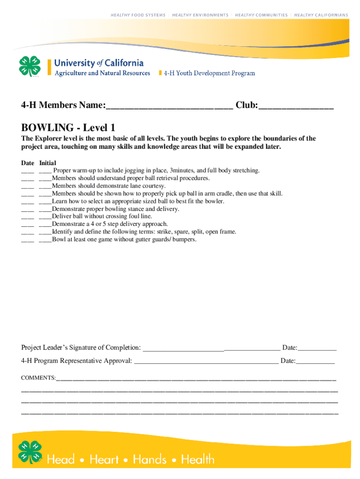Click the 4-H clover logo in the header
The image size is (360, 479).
point(30,67)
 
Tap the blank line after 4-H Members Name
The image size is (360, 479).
point(169,107)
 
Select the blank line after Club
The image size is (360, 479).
point(296,107)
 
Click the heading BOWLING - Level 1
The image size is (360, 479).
point(68,127)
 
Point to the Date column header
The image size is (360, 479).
point(28,163)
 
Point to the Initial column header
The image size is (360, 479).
point(48,163)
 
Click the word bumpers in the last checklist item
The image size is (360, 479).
point(184,239)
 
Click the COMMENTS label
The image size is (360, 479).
point(38,377)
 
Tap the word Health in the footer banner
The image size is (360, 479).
point(198,459)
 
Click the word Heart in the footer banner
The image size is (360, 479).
point(104,459)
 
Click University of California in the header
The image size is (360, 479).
point(99,63)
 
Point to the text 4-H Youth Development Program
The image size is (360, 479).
point(209,73)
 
